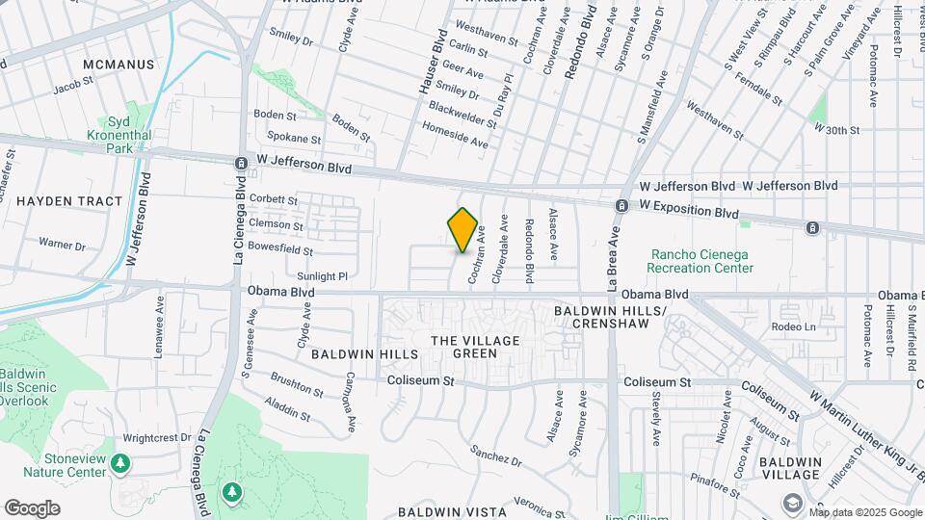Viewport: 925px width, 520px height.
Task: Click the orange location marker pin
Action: point(463,230)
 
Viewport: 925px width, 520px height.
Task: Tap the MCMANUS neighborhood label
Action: point(119,65)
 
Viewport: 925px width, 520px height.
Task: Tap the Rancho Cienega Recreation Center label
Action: point(700,260)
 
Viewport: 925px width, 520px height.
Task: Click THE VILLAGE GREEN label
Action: point(475,347)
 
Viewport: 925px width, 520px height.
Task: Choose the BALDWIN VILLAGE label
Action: point(789,469)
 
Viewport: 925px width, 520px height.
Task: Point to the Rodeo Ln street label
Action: point(793,326)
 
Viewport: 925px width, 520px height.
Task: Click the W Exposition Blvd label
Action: point(689,208)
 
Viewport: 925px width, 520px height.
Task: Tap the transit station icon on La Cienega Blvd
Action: point(240,164)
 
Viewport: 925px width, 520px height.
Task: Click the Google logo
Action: point(32,507)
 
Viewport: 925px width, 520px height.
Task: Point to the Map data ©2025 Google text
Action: point(865,512)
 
